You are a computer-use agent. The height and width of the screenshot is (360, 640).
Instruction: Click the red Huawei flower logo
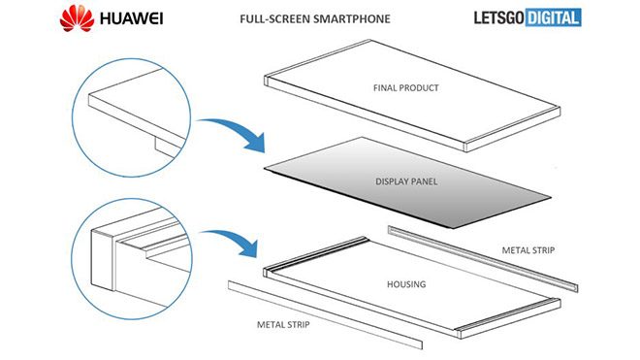(x=77, y=18)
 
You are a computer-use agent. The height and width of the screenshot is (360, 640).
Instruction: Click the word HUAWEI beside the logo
(x=132, y=18)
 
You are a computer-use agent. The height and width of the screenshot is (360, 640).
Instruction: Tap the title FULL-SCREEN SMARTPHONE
(x=315, y=18)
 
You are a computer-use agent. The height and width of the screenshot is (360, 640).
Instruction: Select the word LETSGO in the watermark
(x=499, y=18)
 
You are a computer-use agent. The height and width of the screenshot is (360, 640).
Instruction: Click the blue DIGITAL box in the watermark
(x=554, y=17)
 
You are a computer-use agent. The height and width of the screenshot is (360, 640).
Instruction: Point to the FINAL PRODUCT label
(x=406, y=88)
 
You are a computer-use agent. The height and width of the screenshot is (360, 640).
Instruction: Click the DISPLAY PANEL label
(x=406, y=181)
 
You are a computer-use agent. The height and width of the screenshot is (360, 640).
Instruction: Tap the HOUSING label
(x=406, y=284)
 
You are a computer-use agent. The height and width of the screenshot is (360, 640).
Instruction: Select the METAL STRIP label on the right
(x=528, y=250)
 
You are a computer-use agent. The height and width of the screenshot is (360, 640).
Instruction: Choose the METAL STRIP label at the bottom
(x=283, y=324)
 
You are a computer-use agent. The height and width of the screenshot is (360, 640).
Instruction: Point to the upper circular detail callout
(x=73, y=118)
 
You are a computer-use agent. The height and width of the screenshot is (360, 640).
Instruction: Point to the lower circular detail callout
(x=72, y=259)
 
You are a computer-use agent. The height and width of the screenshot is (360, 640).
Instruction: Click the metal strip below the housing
(x=325, y=315)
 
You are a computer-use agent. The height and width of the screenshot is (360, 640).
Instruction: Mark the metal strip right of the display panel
(x=483, y=259)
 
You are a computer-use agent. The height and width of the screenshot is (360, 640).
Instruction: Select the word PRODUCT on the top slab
(x=419, y=88)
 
